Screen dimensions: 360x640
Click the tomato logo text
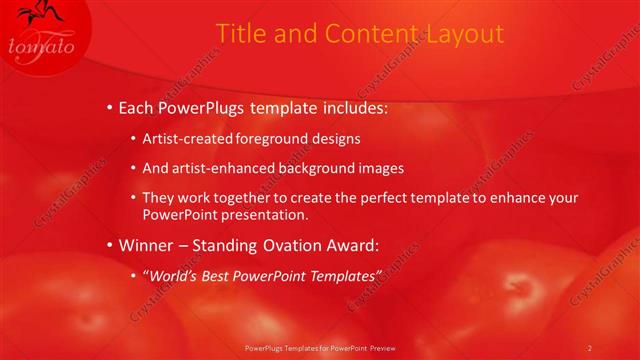pyautogui.click(x=41, y=46)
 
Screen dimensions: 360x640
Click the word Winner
pyautogui.click(x=148, y=244)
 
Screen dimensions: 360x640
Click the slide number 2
pyautogui.click(x=589, y=347)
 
